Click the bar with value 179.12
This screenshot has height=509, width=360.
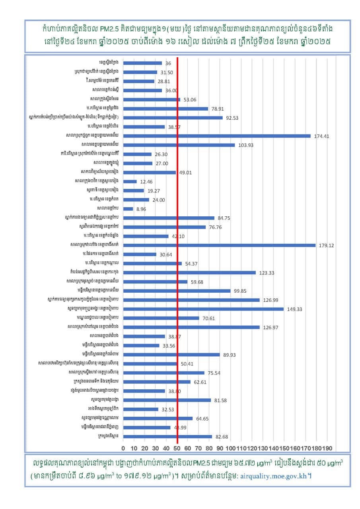click(219, 245)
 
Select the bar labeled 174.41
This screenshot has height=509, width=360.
click(217, 136)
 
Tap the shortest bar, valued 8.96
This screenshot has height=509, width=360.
click(128, 209)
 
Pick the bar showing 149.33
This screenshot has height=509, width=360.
click(203, 309)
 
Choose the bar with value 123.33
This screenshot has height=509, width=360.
click(189, 272)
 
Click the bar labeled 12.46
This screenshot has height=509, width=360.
click(130, 181)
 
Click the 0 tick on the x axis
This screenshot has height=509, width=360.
click(123, 448)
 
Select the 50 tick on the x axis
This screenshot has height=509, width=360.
click(177, 448)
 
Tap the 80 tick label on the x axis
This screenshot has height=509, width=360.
click(209, 448)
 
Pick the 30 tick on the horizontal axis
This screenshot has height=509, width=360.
click(156, 448)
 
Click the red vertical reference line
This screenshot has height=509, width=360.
click(177, 239)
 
